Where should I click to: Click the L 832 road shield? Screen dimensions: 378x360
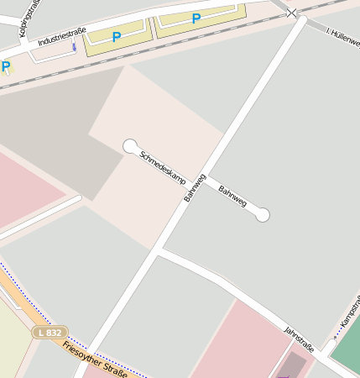tap(50, 333)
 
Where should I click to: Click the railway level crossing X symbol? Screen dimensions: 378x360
tap(291, 13)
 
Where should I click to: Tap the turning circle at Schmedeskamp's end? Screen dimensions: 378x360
tap(130, 146)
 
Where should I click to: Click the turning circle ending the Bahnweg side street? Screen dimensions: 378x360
tap(263, 215)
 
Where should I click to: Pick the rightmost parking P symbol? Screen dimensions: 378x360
tap(196, 18)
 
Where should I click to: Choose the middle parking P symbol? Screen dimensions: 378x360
tap(117, 36)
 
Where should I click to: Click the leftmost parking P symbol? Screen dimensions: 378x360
tap(6, 66)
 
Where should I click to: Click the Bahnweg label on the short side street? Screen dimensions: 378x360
tap(232, 198)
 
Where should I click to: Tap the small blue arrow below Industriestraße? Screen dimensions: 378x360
tap(74, 46)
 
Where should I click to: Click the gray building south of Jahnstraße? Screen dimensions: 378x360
tap(291, 365)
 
